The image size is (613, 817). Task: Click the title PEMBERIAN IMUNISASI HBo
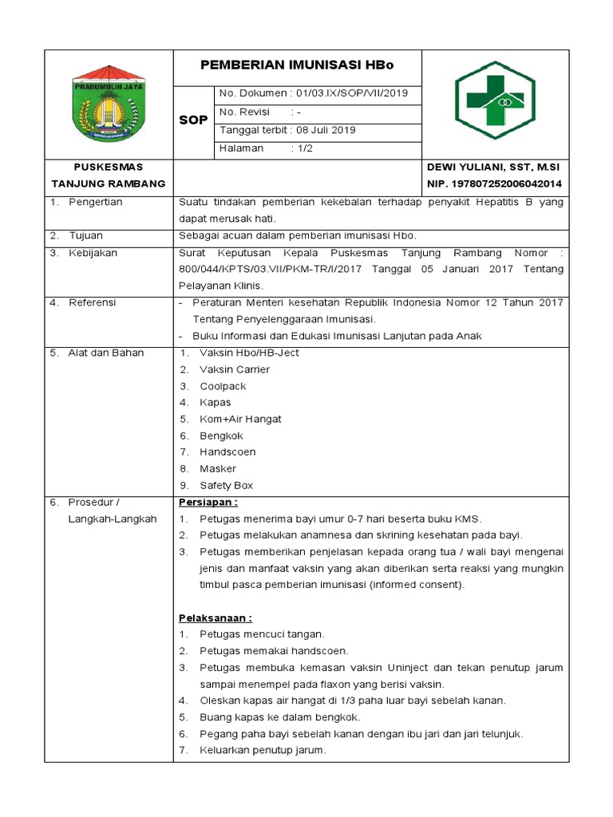(297, 65)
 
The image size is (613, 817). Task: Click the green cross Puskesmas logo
(494, 101)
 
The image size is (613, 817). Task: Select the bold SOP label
(192, 120)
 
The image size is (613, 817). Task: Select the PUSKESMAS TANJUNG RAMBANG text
(109, 176)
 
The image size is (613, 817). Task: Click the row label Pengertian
(95, 203)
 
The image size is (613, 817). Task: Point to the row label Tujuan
(85, 236)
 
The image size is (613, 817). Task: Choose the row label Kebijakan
(93, 253)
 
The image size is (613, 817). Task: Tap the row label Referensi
(92, 303)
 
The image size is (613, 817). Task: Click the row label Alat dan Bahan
(105, 353)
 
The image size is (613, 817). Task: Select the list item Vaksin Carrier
(235, 369)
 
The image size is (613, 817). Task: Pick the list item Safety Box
(227, 486)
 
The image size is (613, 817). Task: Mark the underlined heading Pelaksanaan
(215, 618)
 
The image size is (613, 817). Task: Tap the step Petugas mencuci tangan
(262, 634)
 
